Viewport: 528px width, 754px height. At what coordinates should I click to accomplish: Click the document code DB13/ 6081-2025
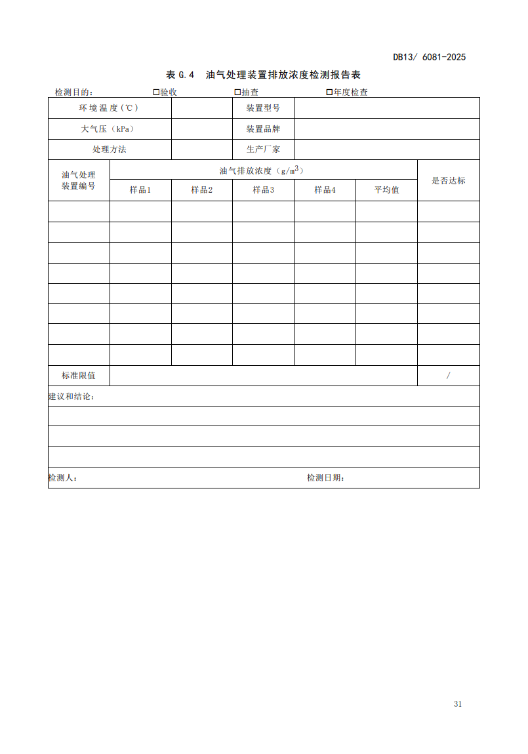pyautogui.click(x=429, y=57)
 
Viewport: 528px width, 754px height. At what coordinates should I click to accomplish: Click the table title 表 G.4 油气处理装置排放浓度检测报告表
pyautogui.click(x=263, y=75)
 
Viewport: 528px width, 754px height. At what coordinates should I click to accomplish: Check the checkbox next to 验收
pyautogui.click(x=156, y=92)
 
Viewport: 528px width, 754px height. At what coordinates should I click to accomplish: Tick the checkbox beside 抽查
pyautogui.click(x=237, y=92)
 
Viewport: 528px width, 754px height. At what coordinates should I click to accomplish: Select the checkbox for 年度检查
pyautogui.click(x=329, y=92)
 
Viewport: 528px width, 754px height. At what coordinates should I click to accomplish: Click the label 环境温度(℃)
pyautogui.click(x=110, y=108)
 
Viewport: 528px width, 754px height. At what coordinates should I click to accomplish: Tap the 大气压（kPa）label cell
pyautogui.click(x=110, y=129)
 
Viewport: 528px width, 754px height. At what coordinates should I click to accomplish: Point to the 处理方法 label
pyautogui.click(x=110, y=149)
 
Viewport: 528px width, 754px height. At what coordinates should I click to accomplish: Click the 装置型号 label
pyautogui.click(x=263, y=108)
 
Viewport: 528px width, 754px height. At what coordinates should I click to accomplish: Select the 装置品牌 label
pyautogui.click(x=263, y=129)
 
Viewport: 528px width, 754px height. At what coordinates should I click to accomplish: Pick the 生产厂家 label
pyautogui.click(x=263, y=149)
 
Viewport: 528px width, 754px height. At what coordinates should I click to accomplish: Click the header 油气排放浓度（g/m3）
pyautogui.click(x=263, y=170)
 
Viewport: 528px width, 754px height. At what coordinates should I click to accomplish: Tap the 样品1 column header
pyautogui.click(x=140, y=190)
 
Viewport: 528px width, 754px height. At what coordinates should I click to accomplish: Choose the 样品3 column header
pyautogui.click(x=263, y=190)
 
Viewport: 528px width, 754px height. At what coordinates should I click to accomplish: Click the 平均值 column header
pyautogui.click(x=386, y=190)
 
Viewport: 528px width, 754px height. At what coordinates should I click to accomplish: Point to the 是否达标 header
pyautogui.click(x=449, y=180)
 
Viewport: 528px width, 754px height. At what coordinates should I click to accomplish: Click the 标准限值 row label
pyautogui.click(x=79, y=376)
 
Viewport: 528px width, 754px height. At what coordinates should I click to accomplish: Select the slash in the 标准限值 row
pyautogui.click(x=449, y=376)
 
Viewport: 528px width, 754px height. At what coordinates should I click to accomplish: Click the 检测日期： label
pyautogui.click(x=326, y=478)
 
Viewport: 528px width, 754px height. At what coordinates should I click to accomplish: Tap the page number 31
pyautogui.click(x=458, y=704)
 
